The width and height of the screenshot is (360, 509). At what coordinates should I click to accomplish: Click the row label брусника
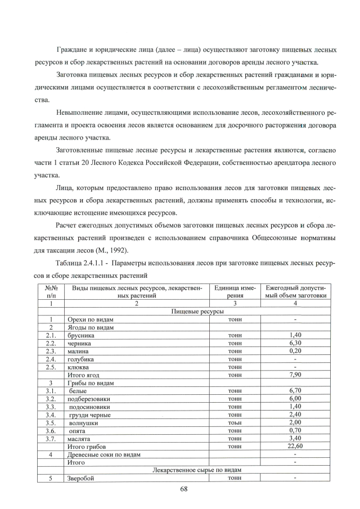[80, 335]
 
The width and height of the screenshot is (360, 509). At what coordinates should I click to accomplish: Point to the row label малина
[77, 351]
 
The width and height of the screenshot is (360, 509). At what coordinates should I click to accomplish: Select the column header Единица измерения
[235, 291]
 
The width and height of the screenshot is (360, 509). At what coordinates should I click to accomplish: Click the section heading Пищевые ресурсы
[194, 311]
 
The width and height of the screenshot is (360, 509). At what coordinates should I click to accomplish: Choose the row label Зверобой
[79, 478]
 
